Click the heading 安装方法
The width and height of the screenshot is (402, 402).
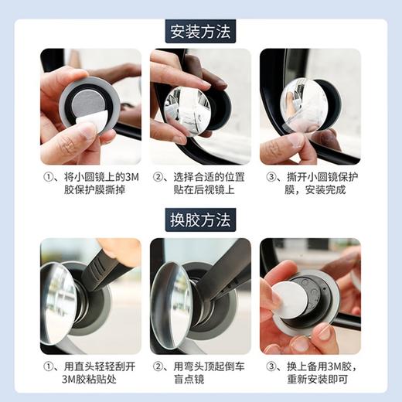(x=201, y=32)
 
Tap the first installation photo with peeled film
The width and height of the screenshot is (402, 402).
(x=90, y=107)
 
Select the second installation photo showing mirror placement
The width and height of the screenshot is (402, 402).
(x=200, y=107)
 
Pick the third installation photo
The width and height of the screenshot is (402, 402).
(x=310, y=107)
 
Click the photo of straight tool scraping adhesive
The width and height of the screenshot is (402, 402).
(x=90, y=296)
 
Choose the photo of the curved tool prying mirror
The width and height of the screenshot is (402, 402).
(x=200, y=296)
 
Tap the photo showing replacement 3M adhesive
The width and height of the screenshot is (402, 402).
(x=310, y=296)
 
